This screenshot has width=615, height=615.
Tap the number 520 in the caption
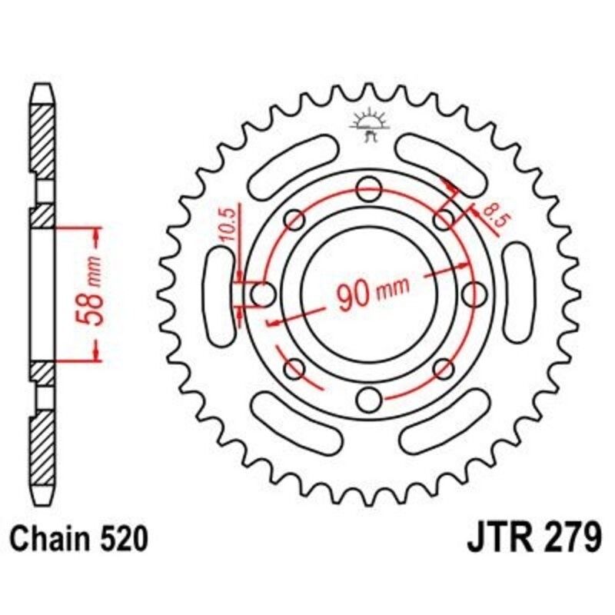click(x=120, y=539)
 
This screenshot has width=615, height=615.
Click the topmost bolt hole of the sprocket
click(x=371, y=186)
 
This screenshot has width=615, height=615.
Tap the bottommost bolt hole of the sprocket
click(x=371, y=400)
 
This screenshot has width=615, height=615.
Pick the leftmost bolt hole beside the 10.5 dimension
click(x=263, y=293)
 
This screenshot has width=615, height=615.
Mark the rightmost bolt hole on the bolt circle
click(x=477, y=293)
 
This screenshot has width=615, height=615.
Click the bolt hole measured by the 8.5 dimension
click(x=444, y=221)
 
